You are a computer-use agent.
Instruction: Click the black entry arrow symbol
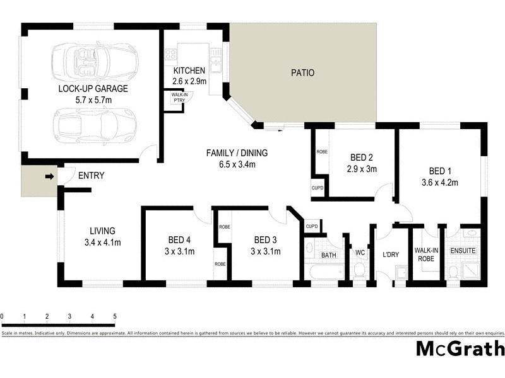click(49, 177)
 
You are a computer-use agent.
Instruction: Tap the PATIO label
click(302, 73)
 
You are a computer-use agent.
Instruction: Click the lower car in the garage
click(95, 124)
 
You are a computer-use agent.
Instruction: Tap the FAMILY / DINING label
click(237, 153)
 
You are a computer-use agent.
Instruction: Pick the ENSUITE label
click(463, 251)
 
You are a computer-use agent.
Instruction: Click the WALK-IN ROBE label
click(426, 254)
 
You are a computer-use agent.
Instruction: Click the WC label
click(360, 253)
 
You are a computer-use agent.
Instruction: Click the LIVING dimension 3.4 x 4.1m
click(102, 242)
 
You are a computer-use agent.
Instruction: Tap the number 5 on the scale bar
click(115, 316)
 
